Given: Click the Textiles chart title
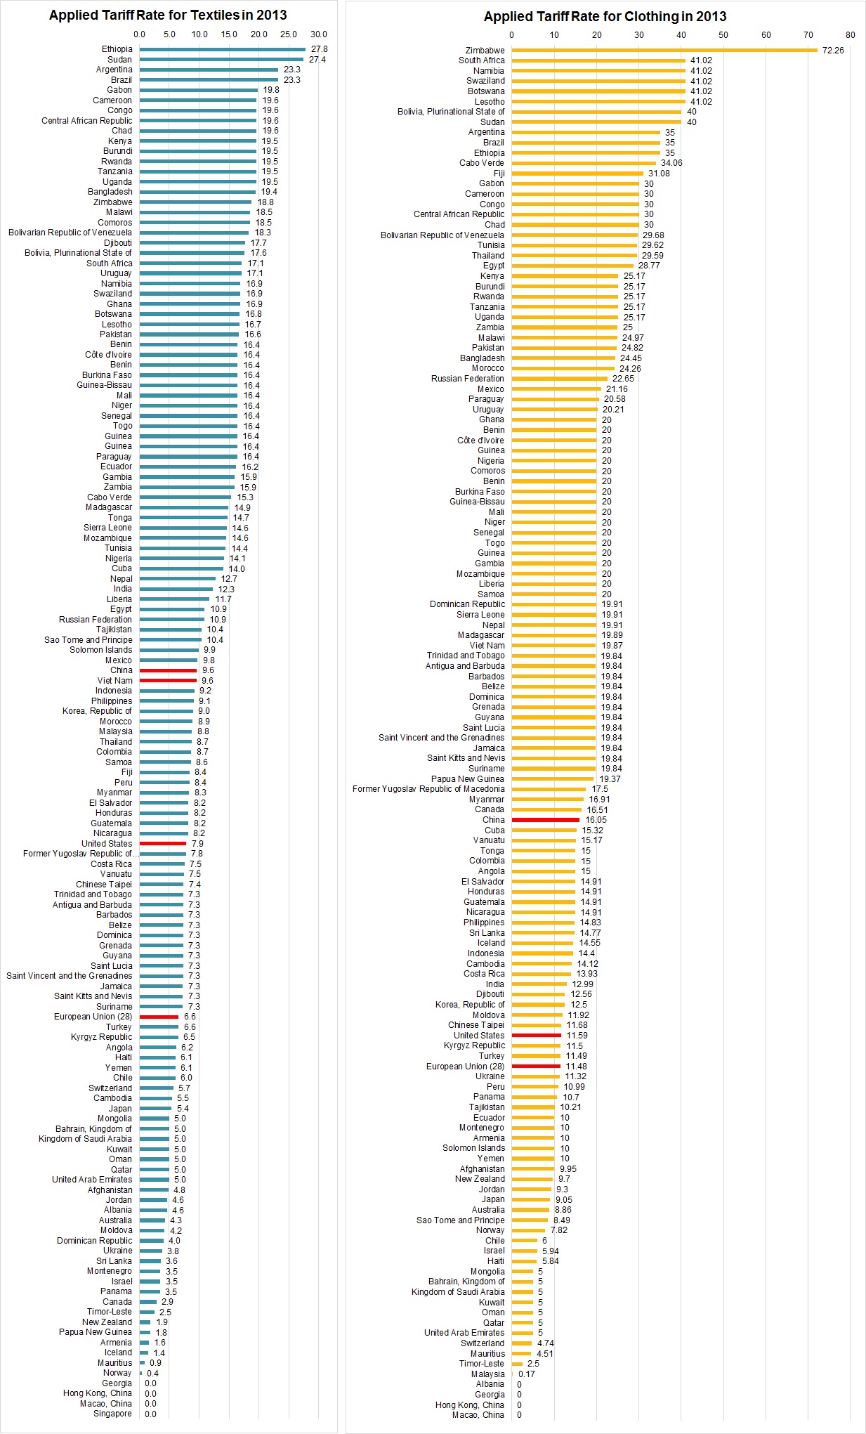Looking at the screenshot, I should [x=167, y=15].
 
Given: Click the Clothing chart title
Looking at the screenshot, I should [x=605, y=17].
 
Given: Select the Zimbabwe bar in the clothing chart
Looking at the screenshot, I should [x=664, y=50].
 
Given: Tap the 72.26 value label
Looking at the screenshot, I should [x=833, y=51].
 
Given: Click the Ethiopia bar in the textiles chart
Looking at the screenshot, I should [x=222, y=49].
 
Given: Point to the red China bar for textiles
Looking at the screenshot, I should [x=168, y=670].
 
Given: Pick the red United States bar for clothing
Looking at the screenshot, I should [x=536, y=1035].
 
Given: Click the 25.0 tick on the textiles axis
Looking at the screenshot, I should [x=289, y=34].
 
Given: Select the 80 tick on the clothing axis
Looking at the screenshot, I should [x=851, y=35].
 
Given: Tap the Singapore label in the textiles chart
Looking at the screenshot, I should [x=112, y=1414].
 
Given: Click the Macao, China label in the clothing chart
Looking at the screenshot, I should [x=478, y=1414].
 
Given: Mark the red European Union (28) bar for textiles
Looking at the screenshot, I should [x=159, y=1017].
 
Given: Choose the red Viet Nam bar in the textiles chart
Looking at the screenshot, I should [x=168, y=680].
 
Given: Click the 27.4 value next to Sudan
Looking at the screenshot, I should [x=317, y=60].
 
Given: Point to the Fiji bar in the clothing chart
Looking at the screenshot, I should [x=577, y=174].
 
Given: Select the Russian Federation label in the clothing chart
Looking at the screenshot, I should [x=467, y=379].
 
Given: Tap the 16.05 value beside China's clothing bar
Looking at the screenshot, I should [x=596, y=820].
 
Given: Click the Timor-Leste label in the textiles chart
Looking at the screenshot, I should [x=109, y=1312].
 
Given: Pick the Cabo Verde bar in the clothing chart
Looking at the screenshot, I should [x=584, y=163].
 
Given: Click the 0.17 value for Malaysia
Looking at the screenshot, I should [x=527, y=1374].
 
